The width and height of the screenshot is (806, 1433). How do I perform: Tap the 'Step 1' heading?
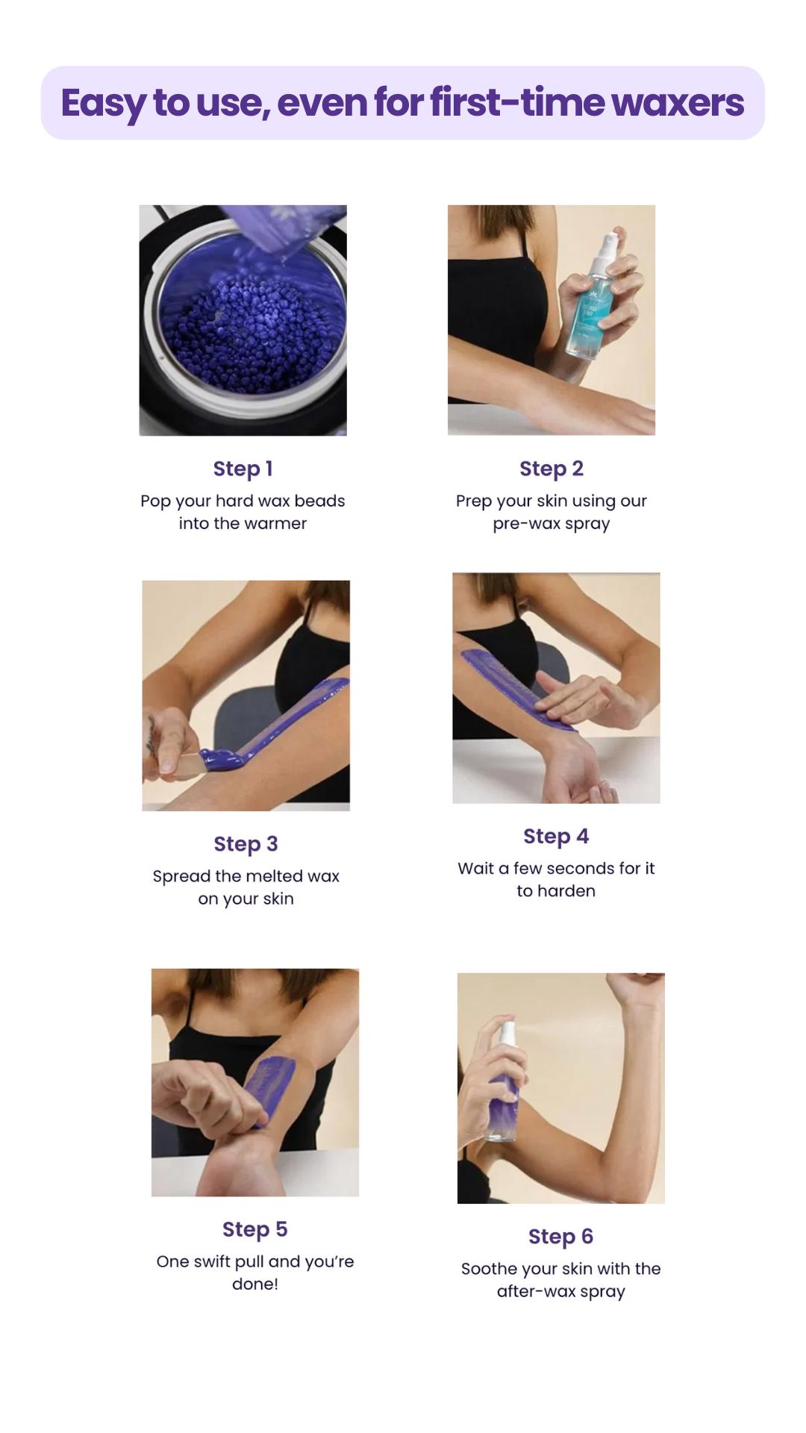click(243, 469)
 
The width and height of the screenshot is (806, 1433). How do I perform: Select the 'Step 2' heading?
click(552, 469)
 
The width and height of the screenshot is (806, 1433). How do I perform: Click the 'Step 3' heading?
click(246, 844)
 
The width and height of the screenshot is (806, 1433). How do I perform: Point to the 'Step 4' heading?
click(556, 837)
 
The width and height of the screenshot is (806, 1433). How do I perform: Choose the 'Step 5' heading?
click(254, 1229)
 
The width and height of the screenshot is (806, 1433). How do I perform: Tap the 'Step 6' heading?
click(560, 1237)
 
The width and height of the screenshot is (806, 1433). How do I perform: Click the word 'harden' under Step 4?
click(566, 891)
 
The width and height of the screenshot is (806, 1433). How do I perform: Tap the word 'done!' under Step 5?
click(254, 1284)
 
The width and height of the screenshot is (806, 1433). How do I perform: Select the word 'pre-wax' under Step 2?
click(519, 523)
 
